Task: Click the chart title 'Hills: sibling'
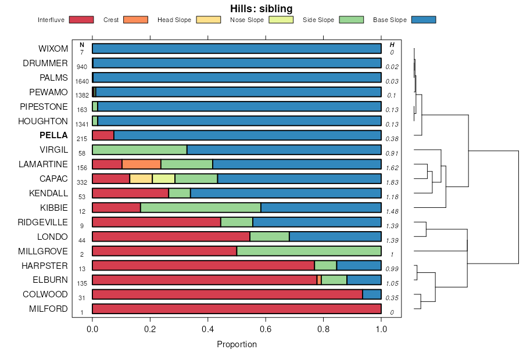point(261,9)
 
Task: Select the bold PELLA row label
point(53,135)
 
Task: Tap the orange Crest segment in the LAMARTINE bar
point(141,164)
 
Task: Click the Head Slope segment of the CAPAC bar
point(141,179)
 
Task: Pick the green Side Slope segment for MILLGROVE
point(309,251)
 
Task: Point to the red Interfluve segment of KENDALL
point(130,193)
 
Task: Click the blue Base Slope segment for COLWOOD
point(371,294)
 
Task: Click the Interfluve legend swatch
point(81,20)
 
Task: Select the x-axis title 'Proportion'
point(237,344)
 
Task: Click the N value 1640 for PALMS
point(82,81)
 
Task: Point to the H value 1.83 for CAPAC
point(392,182)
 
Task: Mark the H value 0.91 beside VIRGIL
point(392,153)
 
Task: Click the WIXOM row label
point(53,48)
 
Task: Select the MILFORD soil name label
point(48,309)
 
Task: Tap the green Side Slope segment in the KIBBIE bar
point(200,208)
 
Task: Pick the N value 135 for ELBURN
point(82,284)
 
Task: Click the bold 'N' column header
point(82,45)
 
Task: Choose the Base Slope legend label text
point(389,20)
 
